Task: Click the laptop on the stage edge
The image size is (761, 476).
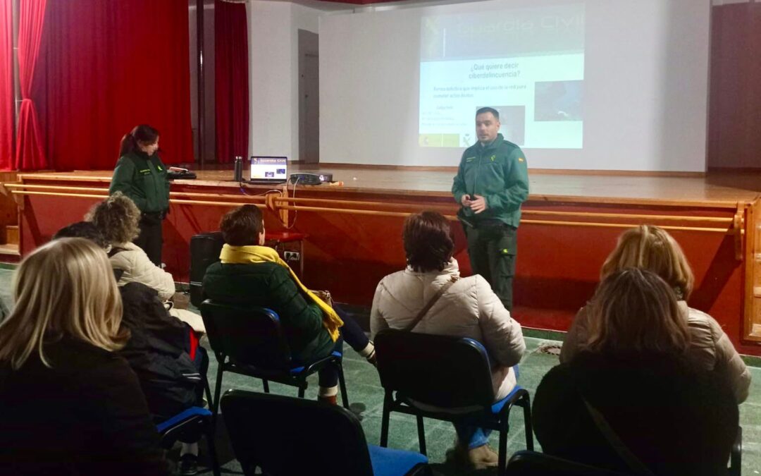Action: (268, 169)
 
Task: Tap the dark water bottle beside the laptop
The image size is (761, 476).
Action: (238, 169)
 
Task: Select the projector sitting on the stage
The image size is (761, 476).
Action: (311, 178)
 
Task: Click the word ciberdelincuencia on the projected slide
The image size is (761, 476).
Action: (494, 75)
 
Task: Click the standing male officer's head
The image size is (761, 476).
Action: (488, 125)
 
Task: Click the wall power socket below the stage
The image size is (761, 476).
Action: (291, 256)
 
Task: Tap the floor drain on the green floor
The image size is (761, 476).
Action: (550, 349)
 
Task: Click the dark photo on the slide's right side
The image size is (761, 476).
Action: (558, 100)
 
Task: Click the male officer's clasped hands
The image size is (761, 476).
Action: (474, 205)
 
